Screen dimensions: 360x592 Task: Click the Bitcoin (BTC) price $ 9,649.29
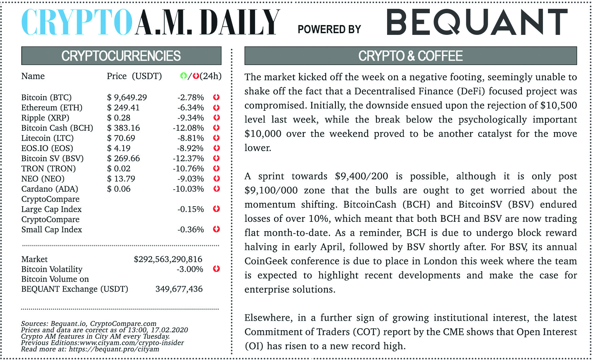[x=127, y=98]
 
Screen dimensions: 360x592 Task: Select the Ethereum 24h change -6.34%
[x=191, y=108]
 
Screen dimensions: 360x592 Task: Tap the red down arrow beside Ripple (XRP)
[x=216, y=118]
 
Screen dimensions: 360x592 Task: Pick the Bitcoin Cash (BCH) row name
[x=57, y=128]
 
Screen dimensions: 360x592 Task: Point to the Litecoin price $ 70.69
[x=121, y=138]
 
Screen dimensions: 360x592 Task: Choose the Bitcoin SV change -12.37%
[x=188, y=158]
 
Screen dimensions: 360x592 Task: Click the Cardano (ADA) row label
[x=49, y=189]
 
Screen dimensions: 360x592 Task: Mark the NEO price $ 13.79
[x=121, y=179]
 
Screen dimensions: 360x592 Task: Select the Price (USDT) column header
[x=134, y=76]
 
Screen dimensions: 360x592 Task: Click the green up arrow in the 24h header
[x=183, y=76]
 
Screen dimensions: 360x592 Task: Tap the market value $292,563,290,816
[x=168, y=259]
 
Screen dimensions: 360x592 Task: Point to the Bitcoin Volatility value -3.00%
[x=190, y=269]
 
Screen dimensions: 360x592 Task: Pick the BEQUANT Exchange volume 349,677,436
[x=179, y=289]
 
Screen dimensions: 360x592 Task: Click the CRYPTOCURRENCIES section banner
[x=121, y=56]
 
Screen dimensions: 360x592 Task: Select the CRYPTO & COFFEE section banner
[x=410, y=56]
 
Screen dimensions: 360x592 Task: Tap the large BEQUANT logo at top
[x=477, y=22]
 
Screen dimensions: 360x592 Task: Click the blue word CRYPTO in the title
[x=77, y=22]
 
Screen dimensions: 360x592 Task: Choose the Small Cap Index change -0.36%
[x=191, y=230]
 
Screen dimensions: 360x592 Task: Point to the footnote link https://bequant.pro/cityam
[x=114, y=349]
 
